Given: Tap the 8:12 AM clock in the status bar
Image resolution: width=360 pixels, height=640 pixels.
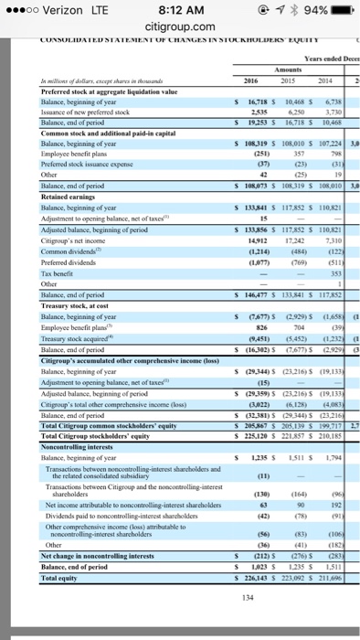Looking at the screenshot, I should tap(180, 12).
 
